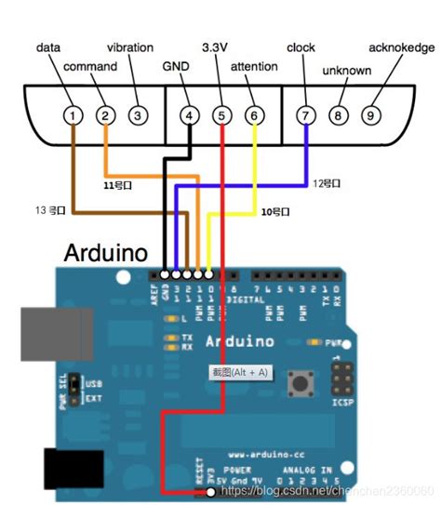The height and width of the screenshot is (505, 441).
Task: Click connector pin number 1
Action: pyautogui.click(x=72, y=115)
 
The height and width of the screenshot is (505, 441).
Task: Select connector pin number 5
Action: pyautogui.click(x=221, y=115)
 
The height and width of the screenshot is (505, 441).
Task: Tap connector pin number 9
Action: pyautogui.click(x=370, y=115)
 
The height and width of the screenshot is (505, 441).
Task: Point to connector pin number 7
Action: pyautogui.click(x=305, y=115)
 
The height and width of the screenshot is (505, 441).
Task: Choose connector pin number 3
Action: pyautogui.click(x=138, y=115)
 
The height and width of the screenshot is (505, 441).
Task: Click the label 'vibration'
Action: pyautogui.click(x=129, y=47)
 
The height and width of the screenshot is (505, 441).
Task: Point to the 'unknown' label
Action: pyautogui.click(x=346, y=71)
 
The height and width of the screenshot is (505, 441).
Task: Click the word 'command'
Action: pyautogui.click(x=90, y=67)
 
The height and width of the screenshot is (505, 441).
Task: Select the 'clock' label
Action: pyautogui.click(x=301, y=47)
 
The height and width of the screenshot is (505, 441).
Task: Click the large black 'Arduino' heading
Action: pyautogui.click(x=107, y=253)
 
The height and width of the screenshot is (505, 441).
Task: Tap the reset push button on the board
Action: pyautogui.click(x=301, y=381)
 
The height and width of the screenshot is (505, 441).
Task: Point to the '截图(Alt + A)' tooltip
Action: pyautogui.click(x=241, y=372)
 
